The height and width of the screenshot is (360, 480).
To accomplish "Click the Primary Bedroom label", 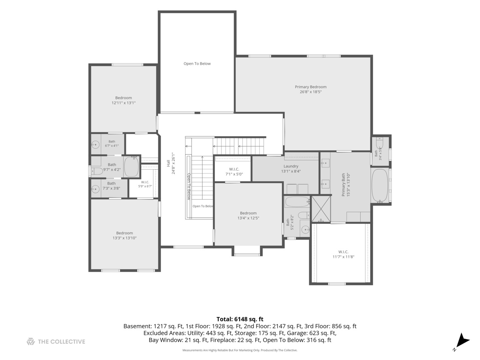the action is pyautogui.click(x=310, y=87).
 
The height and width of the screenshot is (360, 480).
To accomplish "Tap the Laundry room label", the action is pyautogui.click(x=291, y=166).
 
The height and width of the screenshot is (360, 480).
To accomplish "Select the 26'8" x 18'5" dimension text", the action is pyautogui.click(x=311, y=92).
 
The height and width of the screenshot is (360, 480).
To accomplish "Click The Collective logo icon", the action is pyautogui.click(x=31, y=341).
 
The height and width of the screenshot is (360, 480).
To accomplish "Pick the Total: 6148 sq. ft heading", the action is pyautogui.click(x=240, y=319).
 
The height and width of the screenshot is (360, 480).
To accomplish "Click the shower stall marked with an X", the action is pyautogui.click(x=321, y=209).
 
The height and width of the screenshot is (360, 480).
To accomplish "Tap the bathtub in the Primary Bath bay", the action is pyautogui.click(x=380, y=186).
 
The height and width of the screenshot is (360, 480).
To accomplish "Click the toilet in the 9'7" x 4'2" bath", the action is pyautogui.click(x=97, y=171).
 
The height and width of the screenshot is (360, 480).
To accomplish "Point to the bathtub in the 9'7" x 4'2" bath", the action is pyautogui.click(x=131, y=167).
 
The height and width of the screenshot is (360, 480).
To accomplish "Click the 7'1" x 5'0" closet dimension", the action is pyautogui.click(x=234, y=174).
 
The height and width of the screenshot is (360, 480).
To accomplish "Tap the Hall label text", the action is pyautogui.click(x=168, y=163).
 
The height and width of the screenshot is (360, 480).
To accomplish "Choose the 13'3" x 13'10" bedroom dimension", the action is pyautogui.click(x=124, y=238).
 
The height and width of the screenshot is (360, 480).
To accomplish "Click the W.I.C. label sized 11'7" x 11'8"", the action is pyautogui.click(x=343, y=252).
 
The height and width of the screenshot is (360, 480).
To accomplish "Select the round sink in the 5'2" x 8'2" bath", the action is pyautogui.click(x=305, y=230).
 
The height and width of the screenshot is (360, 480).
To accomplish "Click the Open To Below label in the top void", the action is pyautogui.click(x=197, y=64).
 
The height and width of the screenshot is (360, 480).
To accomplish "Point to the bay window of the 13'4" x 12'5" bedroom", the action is pyautogui.click(x=247, y=251).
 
